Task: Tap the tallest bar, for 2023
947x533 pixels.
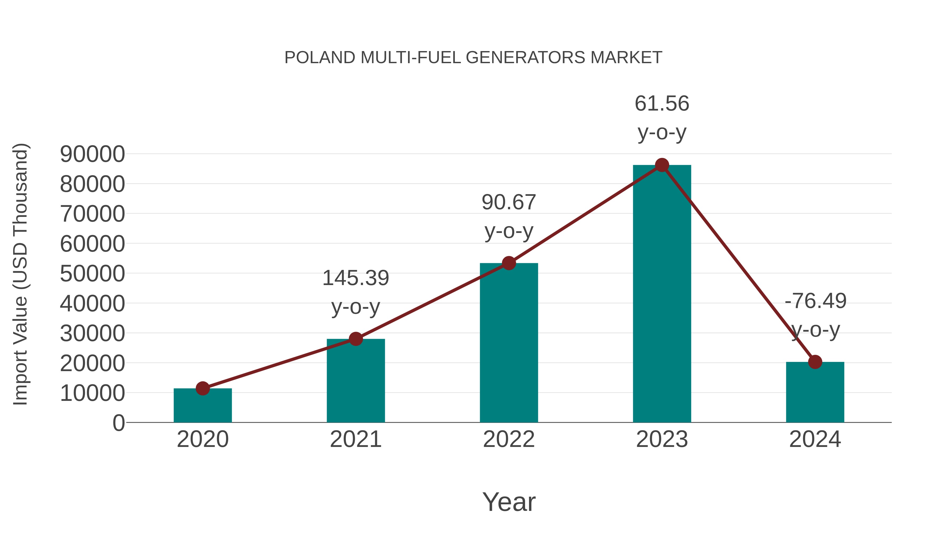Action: click(662, 294)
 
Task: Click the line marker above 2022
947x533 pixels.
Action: click(509, 263)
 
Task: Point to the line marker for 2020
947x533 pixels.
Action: click(203, 388)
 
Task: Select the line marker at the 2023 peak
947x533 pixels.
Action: click(662, 165)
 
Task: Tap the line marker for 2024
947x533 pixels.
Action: click(815, 362)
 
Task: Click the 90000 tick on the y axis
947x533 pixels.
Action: click(92, 154)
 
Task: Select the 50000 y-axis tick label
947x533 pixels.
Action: click(92, 274)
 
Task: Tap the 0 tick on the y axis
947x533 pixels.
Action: click(118, 423)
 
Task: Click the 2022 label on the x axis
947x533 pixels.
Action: click(509, 439)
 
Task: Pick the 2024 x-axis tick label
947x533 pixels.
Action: click(815, 439)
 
